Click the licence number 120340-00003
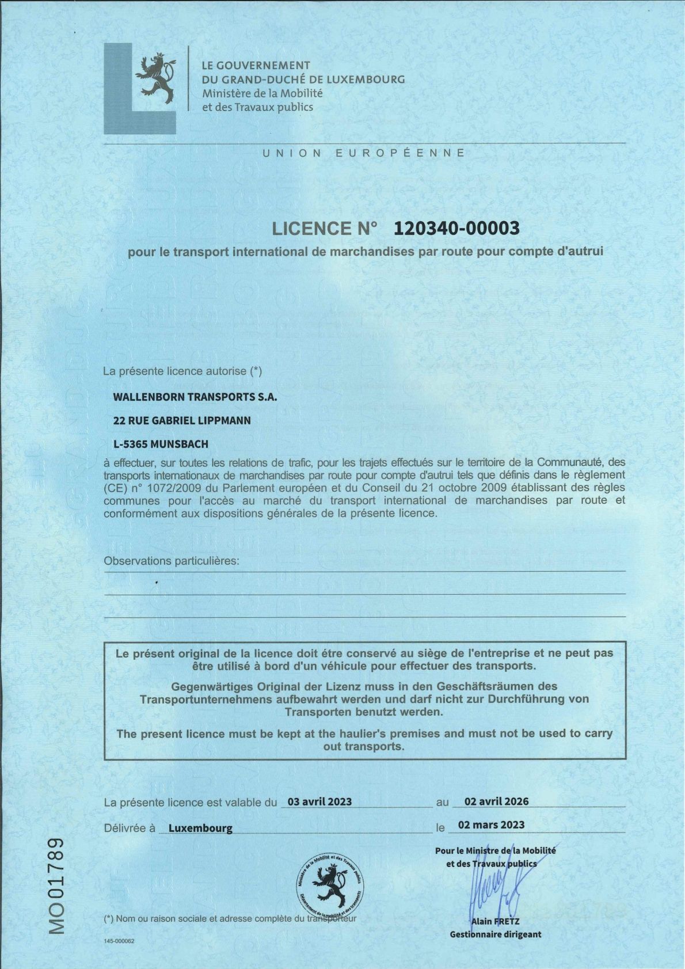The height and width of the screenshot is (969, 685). coord(456,229)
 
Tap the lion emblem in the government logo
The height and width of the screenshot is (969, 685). coord(155,79)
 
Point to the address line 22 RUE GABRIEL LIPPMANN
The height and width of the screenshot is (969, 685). coord(182,420)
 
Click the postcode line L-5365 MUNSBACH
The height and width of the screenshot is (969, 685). coord(161,444)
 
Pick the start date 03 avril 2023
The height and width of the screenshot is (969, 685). coord(319,801)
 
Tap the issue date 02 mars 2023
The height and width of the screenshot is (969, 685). coord(491,824)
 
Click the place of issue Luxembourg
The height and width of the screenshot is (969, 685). coord(200,829)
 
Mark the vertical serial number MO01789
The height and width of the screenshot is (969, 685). coord(56,884)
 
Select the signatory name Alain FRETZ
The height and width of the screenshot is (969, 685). coord(495,922)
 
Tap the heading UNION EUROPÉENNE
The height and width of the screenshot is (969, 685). coord(364,153)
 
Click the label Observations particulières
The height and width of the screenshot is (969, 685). coord(171,560)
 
